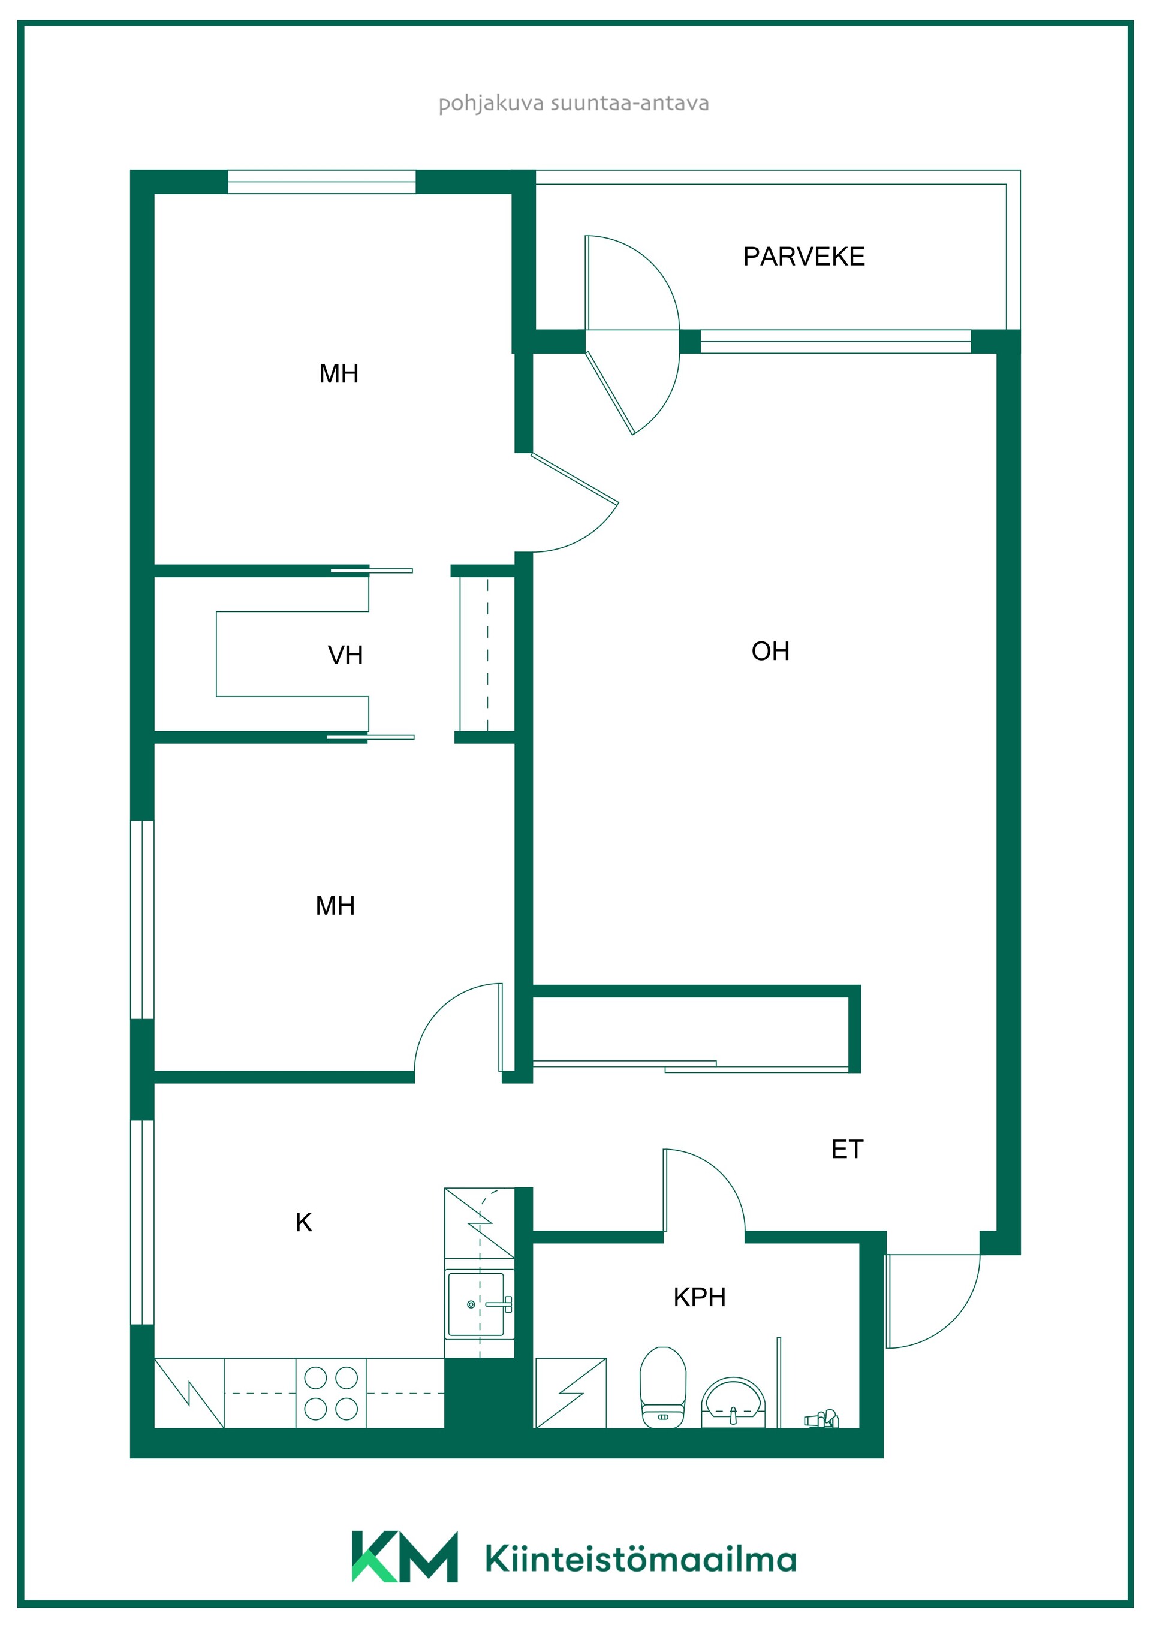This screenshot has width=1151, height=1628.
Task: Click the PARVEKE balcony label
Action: click(x=803, y=256)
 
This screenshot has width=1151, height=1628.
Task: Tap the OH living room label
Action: click(x=770, y=651)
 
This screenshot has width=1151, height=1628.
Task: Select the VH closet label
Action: click(x=345, y=655)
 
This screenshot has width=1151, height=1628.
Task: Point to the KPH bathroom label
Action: click(x=699, y=1297)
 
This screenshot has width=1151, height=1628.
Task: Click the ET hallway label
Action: click(x=846, y=1148)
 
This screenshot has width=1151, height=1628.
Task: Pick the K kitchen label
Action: click(x=303, y=1222)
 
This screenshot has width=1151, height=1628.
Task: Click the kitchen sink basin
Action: click(x=476, y=1304)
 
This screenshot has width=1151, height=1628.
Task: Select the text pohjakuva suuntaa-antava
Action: click(x=574, y=104)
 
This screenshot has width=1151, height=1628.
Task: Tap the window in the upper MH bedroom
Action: click(x=321, y=182)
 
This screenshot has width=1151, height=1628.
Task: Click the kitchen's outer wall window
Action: click(x=143, y=1222)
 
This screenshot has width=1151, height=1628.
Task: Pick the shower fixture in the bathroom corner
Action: click(x=821, y=1419)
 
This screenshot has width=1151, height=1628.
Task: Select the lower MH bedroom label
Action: click(x=335, y=906)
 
